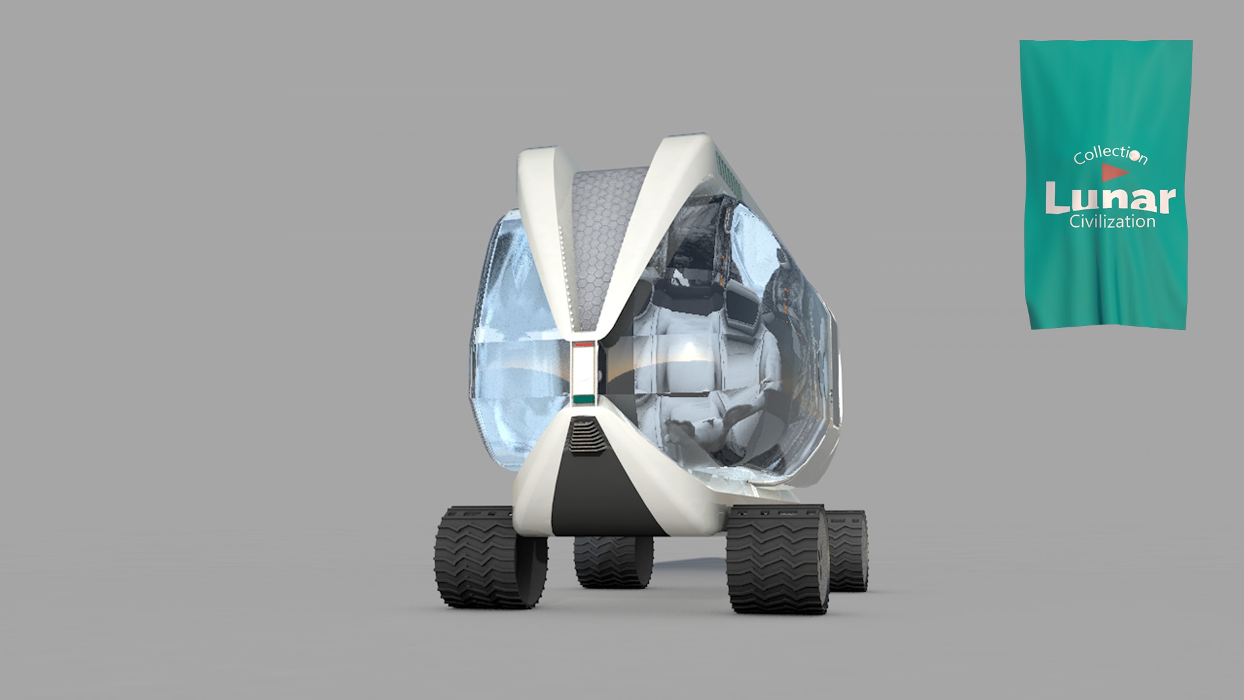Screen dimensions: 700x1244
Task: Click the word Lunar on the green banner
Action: (x=1110, y=198)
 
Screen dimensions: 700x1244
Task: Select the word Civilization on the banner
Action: (x=1112, y=222)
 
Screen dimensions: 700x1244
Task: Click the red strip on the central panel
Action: (x=584, y=346)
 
